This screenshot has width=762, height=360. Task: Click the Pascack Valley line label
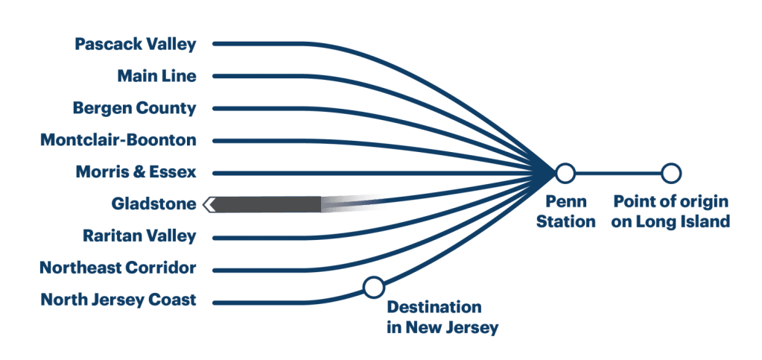tap(135, 44)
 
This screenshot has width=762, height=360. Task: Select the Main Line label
tap(156, 76)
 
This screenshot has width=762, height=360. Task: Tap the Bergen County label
tap(134, 108)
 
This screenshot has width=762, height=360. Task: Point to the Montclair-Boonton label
tap(118, 140)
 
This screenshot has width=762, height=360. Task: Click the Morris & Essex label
tap(136, 172)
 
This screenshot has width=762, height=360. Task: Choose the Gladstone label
tap(153, 203)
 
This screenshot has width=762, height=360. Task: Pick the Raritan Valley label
tap(139, 236)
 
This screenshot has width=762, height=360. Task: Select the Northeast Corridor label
tap(118, 268)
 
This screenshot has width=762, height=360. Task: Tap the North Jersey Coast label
tap(118, 300)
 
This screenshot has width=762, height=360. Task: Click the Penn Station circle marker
tap(565, 173)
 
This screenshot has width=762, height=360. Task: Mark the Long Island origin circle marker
tap(671, 173)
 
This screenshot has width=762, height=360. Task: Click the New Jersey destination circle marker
tap(373, 286)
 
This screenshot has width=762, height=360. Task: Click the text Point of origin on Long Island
tap(670, 212)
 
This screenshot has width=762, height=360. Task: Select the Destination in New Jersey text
tap(441, 318)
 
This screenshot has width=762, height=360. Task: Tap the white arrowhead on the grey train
tap(211, 203)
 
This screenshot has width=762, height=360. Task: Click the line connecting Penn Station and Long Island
tap(618, 173)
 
